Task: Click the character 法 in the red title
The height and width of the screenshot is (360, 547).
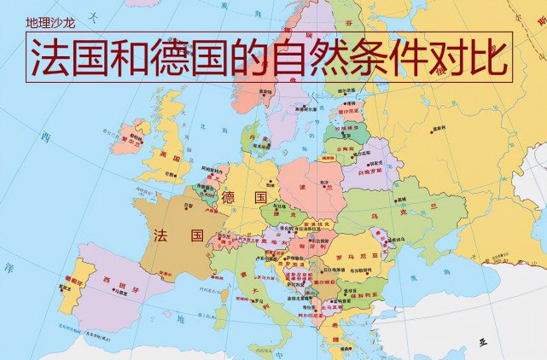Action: click(50, 57)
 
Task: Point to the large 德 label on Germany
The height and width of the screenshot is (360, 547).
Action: click(227, 197)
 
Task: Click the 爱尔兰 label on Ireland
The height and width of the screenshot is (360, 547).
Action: click(131, 135)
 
